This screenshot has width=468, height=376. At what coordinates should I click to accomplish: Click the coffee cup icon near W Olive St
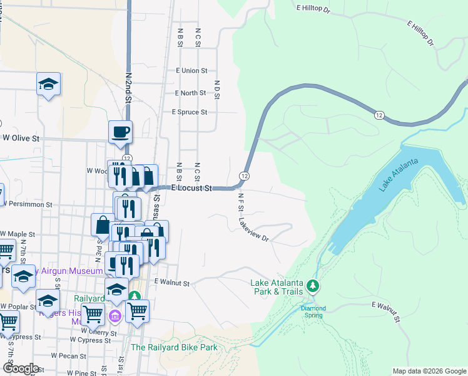click(120, 132)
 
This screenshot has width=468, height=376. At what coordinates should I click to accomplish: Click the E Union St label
click(191, 71)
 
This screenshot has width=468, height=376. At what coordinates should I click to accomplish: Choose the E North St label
click(191, 93)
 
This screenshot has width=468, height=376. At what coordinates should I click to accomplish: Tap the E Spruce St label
click(189, 112)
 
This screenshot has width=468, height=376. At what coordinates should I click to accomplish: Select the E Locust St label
click(192, 188)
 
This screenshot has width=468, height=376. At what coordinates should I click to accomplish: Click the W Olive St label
click(21, 137)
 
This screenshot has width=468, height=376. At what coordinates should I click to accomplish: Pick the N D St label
click(216, 90)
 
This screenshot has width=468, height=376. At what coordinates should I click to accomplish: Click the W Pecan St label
click(69, 355)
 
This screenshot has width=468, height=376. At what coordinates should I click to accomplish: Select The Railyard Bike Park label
click(173, 347)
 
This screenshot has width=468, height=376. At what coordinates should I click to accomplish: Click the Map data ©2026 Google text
click(429, 371)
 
